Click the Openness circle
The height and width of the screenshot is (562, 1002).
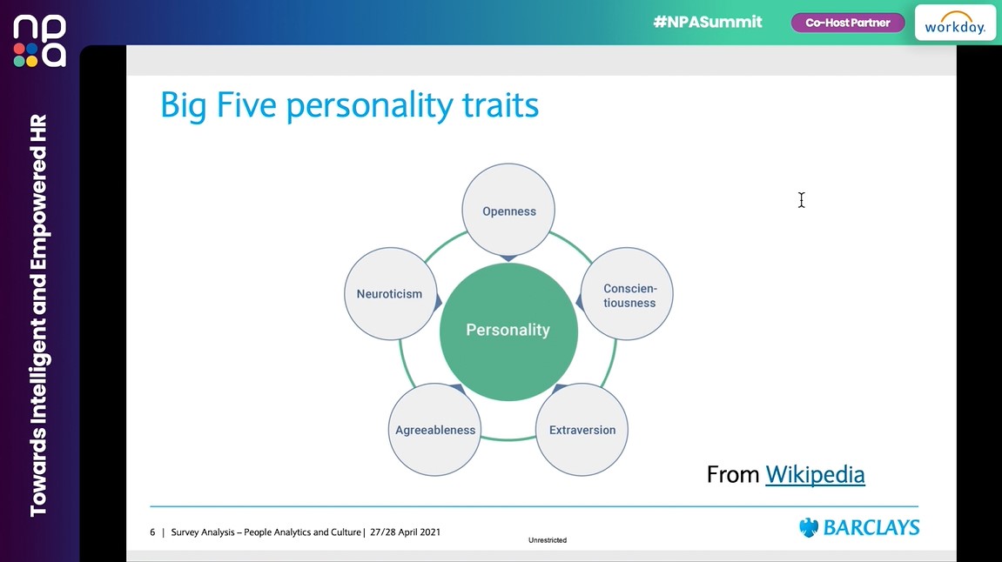pos(509,211)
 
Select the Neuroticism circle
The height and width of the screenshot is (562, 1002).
pos(389,294)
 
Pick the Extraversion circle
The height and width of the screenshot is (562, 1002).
pos(582,430)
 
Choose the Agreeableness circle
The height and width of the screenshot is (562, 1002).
pos(435,430)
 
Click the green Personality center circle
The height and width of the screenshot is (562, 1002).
pos(508,331)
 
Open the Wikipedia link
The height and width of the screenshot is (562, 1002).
pos(815,474)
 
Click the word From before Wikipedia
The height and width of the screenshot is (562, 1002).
pos(733,474)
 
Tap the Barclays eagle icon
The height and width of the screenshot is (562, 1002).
pos(809,528)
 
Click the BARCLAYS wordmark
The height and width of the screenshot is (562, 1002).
pos(871,528)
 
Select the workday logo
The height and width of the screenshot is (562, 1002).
pos(955,23)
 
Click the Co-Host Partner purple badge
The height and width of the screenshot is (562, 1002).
pos(847,23)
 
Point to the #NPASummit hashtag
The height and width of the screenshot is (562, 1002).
pos(708,23)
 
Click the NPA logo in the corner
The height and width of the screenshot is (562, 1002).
pos(39,41)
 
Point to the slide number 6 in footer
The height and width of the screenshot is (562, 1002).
pos(152,532)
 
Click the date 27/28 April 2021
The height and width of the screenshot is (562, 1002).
pos(405,532)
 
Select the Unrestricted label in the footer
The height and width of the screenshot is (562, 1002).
pos(548,540)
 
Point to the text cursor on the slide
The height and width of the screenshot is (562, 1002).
pos(801,200)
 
